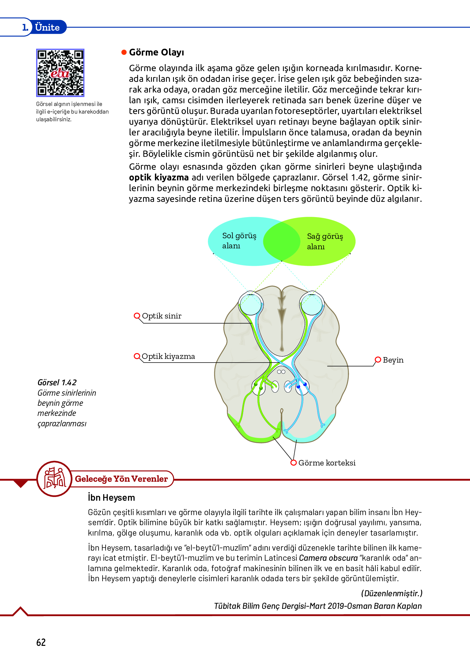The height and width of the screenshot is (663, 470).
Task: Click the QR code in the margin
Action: pyautogui.click(x=60, y=73)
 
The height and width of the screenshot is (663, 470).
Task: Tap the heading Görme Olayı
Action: pyautogui.click(x=156, y=52)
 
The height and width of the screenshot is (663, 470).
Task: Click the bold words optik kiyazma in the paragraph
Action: pyautogui.click(x=159, y=178)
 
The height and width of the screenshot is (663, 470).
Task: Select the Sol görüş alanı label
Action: pyautogui.click(x=239, y=241)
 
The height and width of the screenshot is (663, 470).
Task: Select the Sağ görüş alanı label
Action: pyautogui.click(x=325, y=241)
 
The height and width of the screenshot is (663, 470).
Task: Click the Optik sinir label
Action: pyautogui.click(x=161, y=316)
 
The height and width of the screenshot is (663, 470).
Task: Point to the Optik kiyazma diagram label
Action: pyautogui.click(x=168, y=356)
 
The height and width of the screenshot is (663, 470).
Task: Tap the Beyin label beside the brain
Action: pyautogui.click(x=393, y=360)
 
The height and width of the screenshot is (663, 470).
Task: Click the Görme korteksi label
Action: pyautogui.click(x=327, y=463)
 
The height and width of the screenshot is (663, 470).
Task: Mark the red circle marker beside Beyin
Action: pyautogui.click(x=378, y=360)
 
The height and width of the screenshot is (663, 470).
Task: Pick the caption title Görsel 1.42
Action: pyautogui.click(x=57, y=382)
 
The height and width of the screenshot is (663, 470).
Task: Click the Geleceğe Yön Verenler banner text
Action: pyautogui.click(x=121, y=479)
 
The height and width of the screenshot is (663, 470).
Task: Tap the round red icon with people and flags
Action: pyautogui.click(x=55, y=479)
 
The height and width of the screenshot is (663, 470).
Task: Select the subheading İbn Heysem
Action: pyautogui.click(x=111, y=498)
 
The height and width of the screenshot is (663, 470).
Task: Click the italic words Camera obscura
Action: pyautogui.click(x=328, y=558)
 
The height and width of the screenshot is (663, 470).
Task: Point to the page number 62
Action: pyautogui.click(x=41, y=642)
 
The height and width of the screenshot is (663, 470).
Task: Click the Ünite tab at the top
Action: pyautogui.click(x=47, y=27)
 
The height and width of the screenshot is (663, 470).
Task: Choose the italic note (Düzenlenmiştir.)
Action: pyautogui.click(x=392, y=593)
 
